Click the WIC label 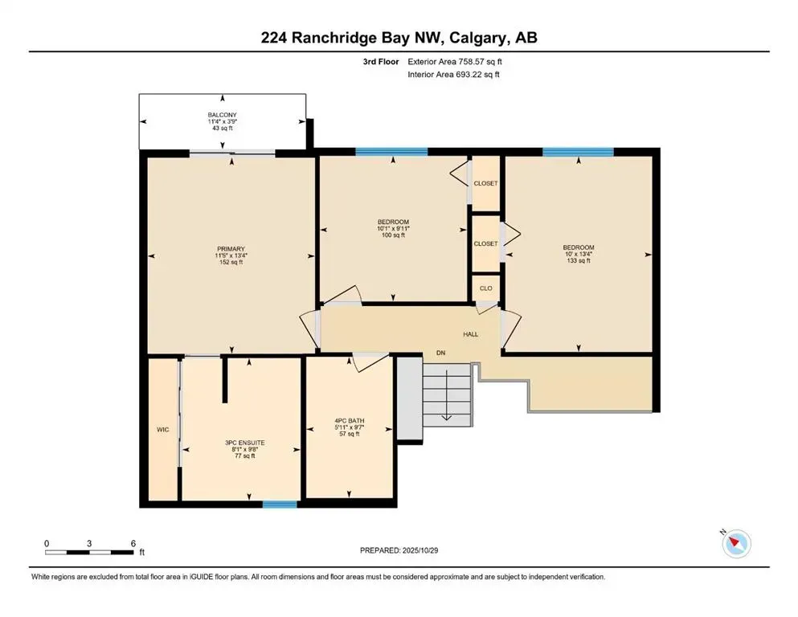coord(162,430)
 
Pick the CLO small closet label coord(485,288)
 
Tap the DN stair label coord(441,353)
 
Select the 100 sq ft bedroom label coord(393,228)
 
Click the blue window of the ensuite coord(280,504)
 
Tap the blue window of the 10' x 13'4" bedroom coord(578,151)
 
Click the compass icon coord(736,544)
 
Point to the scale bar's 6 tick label coord(133,544)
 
